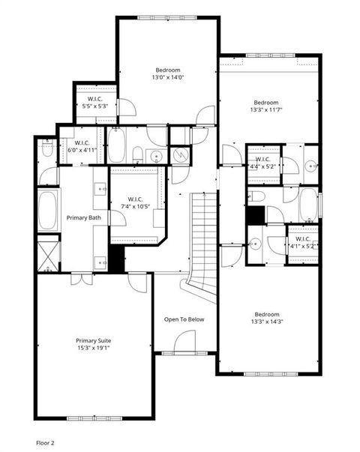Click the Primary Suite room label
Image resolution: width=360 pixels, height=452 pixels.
click(x=93, y=340)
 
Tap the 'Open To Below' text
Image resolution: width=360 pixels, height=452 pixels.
click(x=184, y=319)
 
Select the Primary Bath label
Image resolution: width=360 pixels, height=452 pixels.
click(x=83, y=217)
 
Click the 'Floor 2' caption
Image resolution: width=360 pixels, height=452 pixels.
click(x=46, y=443)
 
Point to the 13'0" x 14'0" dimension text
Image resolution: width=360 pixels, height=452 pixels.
click(x=169, y=77)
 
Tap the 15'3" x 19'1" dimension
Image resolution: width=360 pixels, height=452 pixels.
click(x=93, y=348)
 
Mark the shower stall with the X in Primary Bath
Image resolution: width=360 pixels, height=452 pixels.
click(x=49, y=253)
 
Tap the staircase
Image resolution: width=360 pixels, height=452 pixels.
click(x=204, y=232)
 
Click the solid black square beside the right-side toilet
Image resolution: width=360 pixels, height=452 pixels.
click(x=256, y=214)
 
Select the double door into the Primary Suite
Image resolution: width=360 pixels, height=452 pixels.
click(x=83, y=276)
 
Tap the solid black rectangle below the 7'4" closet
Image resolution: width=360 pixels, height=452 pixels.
click(x=116, y=257)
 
